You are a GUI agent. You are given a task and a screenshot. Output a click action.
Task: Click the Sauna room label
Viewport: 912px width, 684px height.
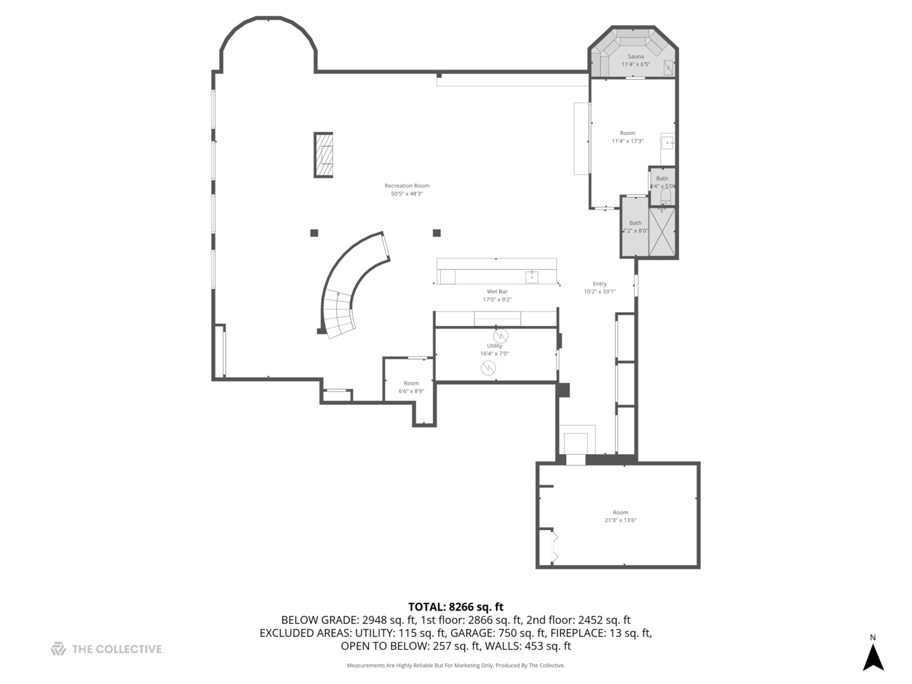[x=635, y=60]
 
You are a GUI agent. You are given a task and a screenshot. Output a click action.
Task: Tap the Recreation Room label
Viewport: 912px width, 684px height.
[x=407, y=189]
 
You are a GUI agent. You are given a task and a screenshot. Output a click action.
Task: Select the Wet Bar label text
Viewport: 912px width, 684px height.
[x=497, y=295]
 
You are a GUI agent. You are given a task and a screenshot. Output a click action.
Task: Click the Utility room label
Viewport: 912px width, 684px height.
[x=495, y=350]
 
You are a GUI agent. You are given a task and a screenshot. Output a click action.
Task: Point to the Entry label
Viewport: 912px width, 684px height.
[x=600, y=288]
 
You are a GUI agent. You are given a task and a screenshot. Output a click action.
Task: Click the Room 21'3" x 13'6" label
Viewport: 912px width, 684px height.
[x=620, y=516]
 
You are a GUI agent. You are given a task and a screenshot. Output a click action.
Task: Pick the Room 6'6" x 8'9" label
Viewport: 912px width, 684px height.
[x=411, y=387]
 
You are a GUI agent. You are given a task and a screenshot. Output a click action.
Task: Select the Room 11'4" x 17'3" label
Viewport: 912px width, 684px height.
[x=627, y=137]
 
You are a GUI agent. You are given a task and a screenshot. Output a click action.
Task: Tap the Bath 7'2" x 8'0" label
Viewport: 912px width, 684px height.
[x=635, y=226]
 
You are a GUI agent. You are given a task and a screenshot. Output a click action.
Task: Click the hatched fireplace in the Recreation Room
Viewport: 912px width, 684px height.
[x=324, y=155]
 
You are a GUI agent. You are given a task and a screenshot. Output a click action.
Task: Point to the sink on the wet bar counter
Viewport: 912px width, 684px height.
[x=531, y=276]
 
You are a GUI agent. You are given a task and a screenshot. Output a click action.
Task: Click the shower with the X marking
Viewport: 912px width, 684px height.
[x=662, y=232]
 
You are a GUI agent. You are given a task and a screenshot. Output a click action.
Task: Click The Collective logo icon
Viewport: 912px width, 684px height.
[x=58, y=649]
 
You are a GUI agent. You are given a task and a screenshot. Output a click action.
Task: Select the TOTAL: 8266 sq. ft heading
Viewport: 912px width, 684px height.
[x=455, y=607]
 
